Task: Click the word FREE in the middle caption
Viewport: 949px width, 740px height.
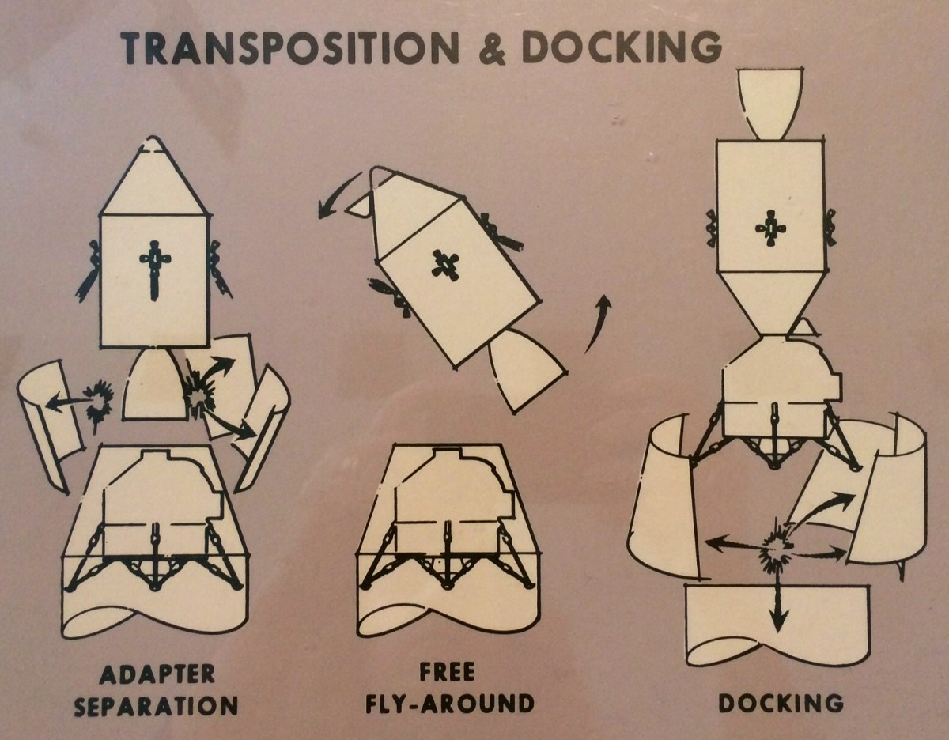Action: pyautogui.click(x=447, y=674)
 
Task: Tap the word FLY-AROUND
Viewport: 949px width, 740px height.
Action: pyautogui.click(x=447, y=702)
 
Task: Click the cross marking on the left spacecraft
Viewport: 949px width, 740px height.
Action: pyautogui.click(x=153, y=270)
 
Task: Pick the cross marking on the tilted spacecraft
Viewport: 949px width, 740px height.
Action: pyautogui.click(x=444, y=266)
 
